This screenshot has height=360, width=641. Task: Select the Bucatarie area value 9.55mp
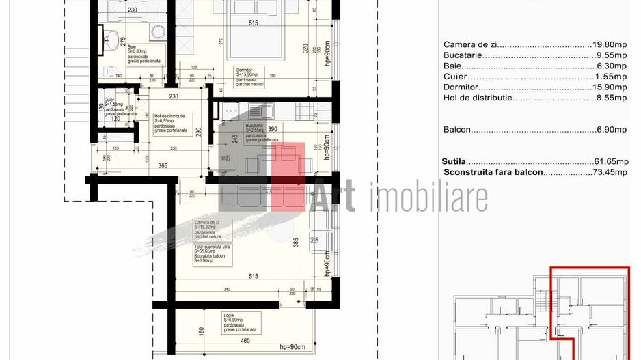click(612, 55)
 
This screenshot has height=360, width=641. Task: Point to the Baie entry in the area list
click(453, 66)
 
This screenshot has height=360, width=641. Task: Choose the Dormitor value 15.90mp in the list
click(610, 87)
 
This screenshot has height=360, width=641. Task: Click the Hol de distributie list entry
click(478, 98)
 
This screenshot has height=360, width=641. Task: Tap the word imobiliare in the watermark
click(428, 197)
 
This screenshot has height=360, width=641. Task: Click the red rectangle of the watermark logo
click(287, 174)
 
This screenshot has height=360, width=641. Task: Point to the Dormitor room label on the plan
click(245, 70)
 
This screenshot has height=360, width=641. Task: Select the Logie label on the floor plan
click(228, 316)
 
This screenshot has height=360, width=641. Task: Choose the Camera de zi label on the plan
click(206, 223)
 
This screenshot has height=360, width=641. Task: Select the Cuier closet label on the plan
click(109, 99)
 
